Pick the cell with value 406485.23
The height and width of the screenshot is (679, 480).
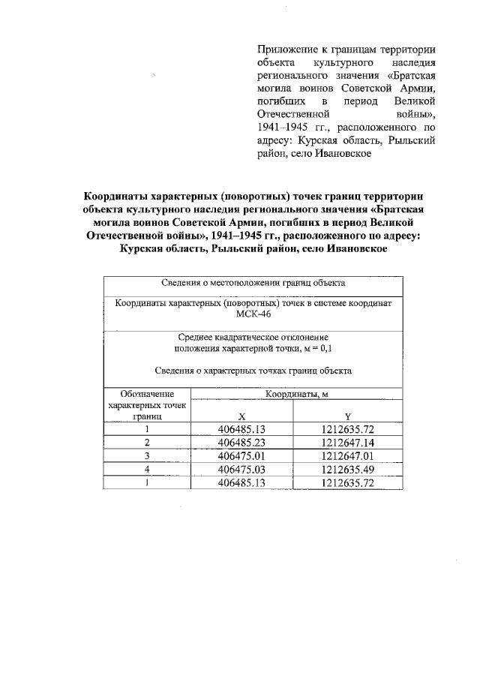tap(241, 443)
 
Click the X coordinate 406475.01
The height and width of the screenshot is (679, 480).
tap(241, 456)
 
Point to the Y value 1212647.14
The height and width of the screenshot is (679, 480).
tap(347, 443)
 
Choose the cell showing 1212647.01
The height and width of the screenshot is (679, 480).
tap(347, 456)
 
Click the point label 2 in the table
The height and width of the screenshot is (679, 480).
tap(148, 443)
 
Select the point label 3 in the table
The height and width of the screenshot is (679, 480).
tap(148, 456)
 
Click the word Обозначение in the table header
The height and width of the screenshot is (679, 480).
tap(148, 394)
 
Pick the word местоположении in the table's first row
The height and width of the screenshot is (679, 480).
tap(240, 283)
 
